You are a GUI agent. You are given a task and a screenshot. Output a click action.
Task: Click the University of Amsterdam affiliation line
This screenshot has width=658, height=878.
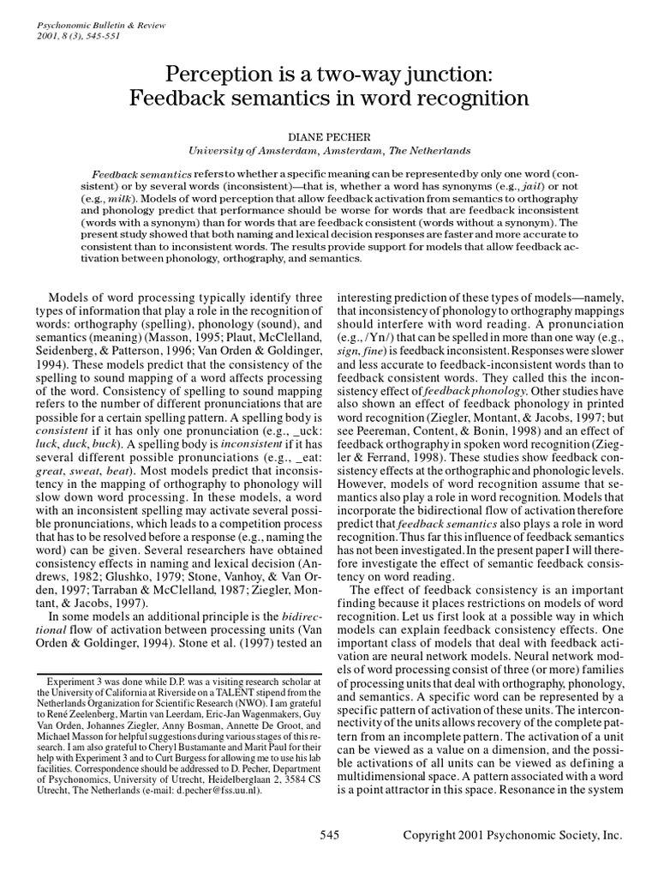click(x=328, y=149)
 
